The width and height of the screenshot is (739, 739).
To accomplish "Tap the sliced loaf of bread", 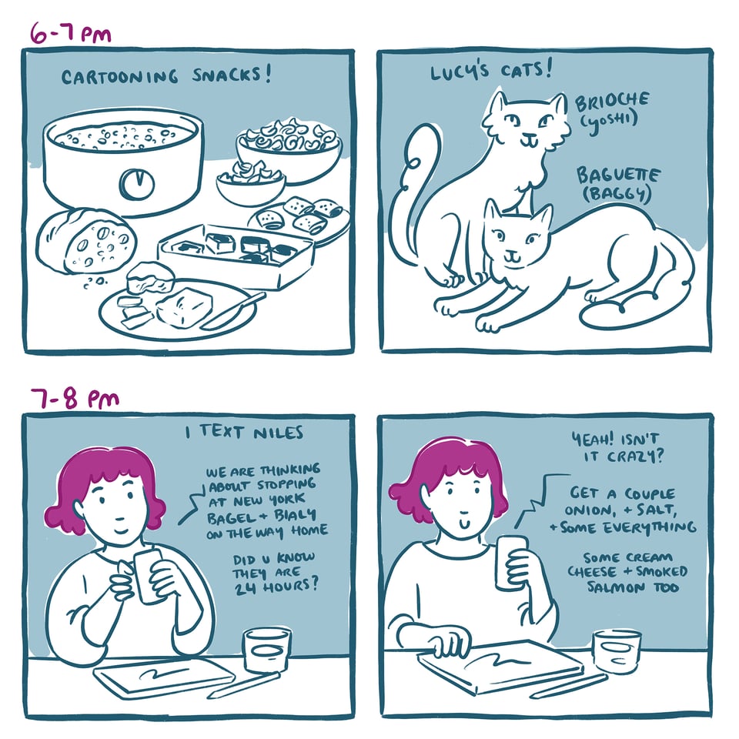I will coord(86,240).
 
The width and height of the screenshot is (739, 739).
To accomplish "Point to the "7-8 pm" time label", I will coord(75,399).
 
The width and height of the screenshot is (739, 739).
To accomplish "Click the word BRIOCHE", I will coord(612,102).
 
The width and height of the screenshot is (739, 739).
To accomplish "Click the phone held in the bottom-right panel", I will coord(509,563).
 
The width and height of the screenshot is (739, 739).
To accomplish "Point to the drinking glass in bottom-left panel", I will coord(266,649).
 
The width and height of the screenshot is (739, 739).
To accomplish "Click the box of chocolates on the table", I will coord(235,253).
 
